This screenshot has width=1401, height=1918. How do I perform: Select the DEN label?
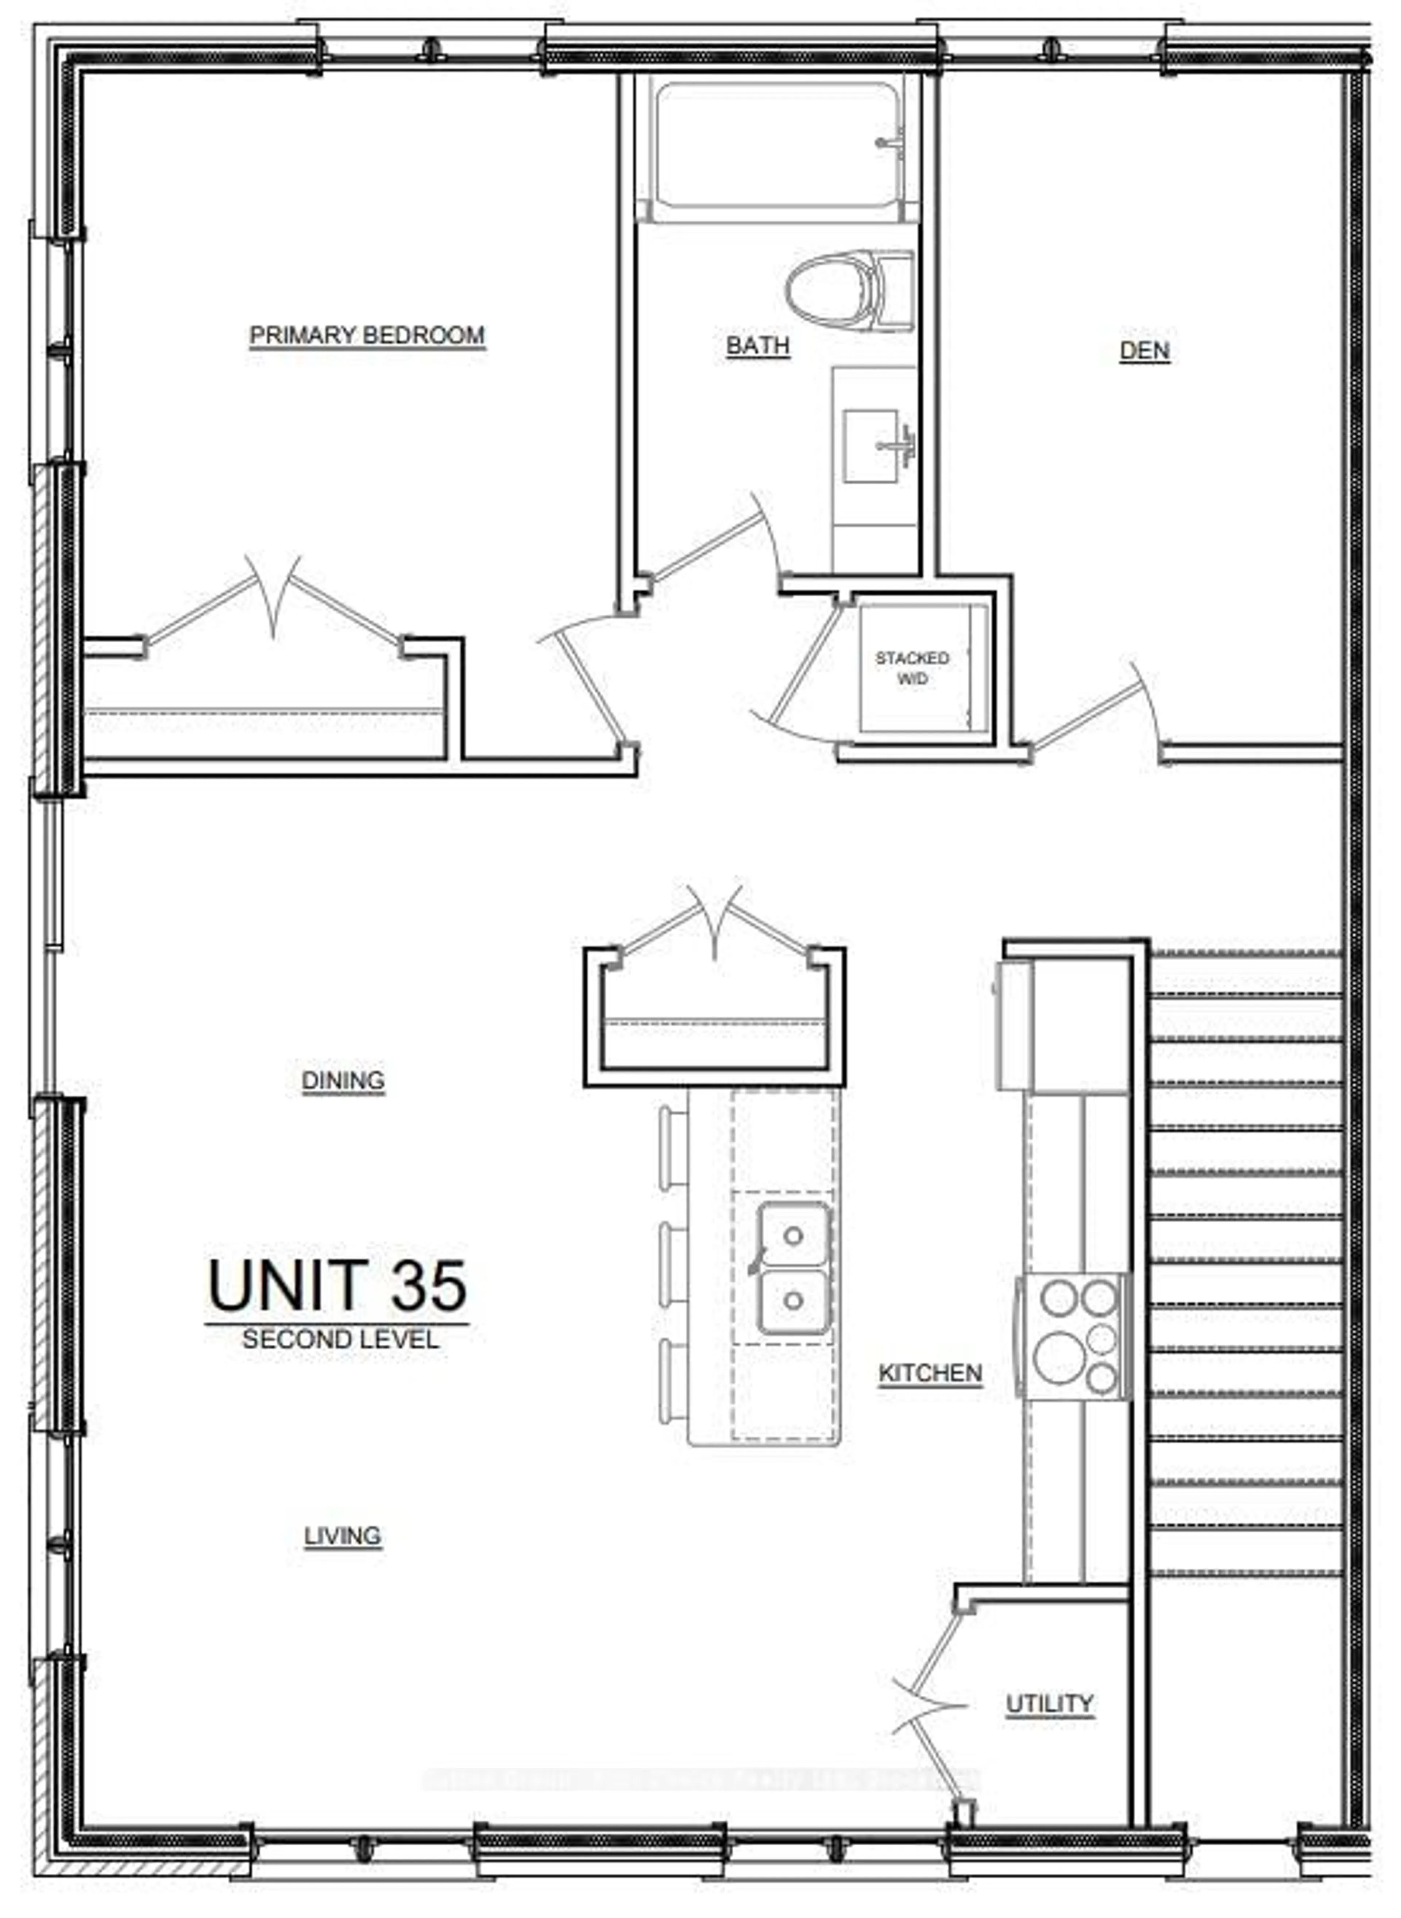[x=1144, y=350]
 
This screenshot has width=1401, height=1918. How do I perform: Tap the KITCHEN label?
[x=930, y=1373]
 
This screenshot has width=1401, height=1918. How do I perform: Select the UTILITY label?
[x=1049, y=1703]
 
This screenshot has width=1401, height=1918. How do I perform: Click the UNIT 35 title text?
[x=337, y=1286]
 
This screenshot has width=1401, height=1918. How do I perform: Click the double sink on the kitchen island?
[x=793, y=1267]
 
